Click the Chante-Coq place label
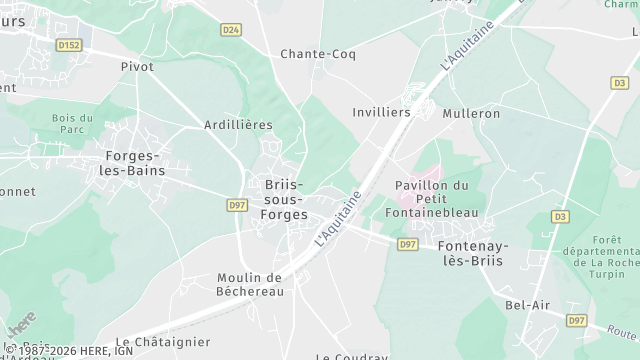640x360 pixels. [312, 54]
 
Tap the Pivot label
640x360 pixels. [137, 67]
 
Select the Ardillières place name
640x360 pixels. [238, 124]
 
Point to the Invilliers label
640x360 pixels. [382, 113]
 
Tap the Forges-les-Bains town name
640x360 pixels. [136, 163]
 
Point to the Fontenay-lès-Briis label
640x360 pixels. [472, 253]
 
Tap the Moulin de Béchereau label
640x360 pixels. [251, 284]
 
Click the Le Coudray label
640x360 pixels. [352, 356]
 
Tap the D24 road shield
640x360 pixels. [231, 30]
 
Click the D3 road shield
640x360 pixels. [560, 216]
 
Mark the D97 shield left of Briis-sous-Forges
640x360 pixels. [237, 205]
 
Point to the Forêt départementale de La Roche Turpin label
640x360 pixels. [606, 258]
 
